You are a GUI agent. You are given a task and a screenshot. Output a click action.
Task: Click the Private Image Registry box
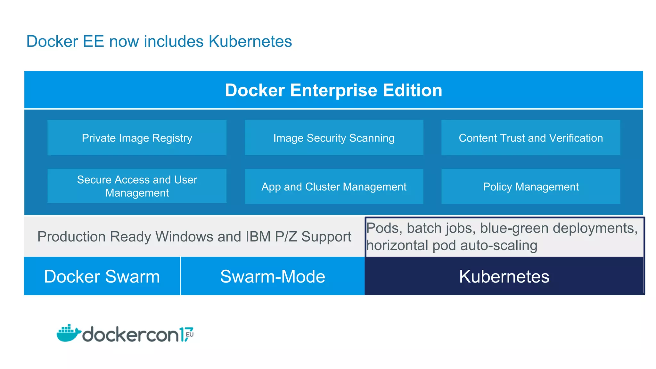[x=137, y=138]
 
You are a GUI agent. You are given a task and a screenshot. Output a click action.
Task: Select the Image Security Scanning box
[x=334, y=138]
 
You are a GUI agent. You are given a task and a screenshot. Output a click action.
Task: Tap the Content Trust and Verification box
[x=530, y=138]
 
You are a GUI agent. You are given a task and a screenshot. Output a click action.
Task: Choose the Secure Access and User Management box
[x=137, y=186]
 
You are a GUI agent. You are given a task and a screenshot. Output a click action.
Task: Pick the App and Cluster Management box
[x=334, y=186]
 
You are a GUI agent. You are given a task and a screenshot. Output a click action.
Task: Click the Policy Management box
[x=530, y=186]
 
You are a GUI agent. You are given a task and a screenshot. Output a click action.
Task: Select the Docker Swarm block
[x=102, y=276]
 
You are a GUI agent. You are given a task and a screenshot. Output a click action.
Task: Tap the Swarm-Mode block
[x=273, y=276]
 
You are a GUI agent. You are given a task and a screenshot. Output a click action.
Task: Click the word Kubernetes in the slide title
[x=250, y=41]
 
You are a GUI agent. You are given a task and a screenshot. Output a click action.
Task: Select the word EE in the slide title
[x=93, y=41]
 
